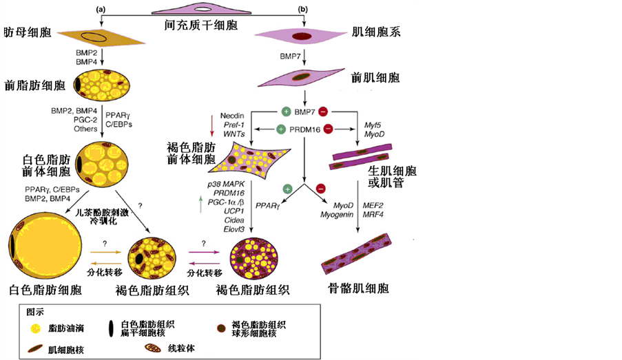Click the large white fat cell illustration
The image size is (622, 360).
tap(45, 245)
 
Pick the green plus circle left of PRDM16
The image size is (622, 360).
tap(280, 129)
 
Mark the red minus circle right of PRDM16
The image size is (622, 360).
tap(329, 129)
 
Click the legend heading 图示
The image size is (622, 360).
tap(34, 311)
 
